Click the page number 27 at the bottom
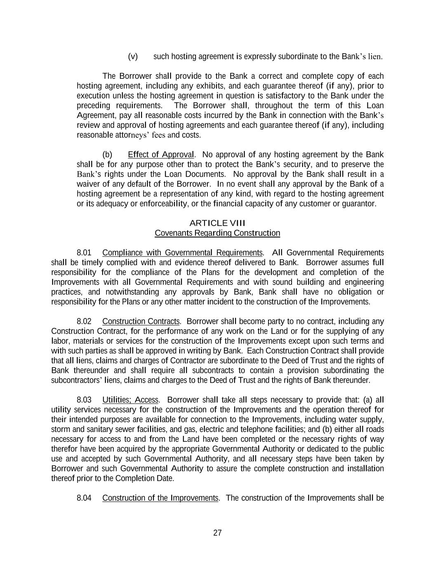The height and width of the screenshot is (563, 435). [x=217, y=533]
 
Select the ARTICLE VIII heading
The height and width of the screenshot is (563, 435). [x=217, y=223]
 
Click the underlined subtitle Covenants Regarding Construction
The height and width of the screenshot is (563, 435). [x=217, y=233]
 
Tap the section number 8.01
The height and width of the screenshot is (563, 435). [x=84, y=252]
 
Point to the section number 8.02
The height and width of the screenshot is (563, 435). [x=84, y=321]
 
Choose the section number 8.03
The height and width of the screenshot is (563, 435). [x=84, y=400]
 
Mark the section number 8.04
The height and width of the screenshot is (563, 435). [x=84, y=498]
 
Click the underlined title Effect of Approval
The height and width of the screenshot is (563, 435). [x=161, y=155]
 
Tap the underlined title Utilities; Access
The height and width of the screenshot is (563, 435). [x=130, y=400]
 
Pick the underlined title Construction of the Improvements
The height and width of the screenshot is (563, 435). [x=160, y=498]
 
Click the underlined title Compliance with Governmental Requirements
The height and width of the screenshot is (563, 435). [x=182, y=252]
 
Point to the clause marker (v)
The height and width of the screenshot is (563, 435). [x=133, y=57]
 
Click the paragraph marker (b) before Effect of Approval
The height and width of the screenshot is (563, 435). [x=107, y=155]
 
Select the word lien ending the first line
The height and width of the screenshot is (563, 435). [x=375, y=57]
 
